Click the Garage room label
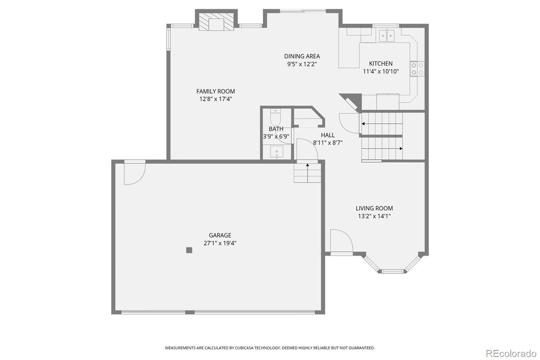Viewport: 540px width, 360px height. (220, 235)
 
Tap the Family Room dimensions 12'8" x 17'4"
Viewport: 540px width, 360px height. (216, 99)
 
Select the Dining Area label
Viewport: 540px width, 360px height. (302, 56)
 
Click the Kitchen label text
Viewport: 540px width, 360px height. (380, 64)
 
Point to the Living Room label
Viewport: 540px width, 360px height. (374, 208)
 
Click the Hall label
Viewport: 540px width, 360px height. (327, 135)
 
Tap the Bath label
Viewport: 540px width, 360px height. (276, 129)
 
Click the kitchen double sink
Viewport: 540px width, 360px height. (387, 35)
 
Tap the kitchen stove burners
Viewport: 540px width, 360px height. (417, 69)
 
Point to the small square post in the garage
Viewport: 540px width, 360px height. (189, 250)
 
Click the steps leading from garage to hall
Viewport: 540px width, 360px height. (307, 172)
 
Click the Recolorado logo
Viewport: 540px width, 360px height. (511, 352)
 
